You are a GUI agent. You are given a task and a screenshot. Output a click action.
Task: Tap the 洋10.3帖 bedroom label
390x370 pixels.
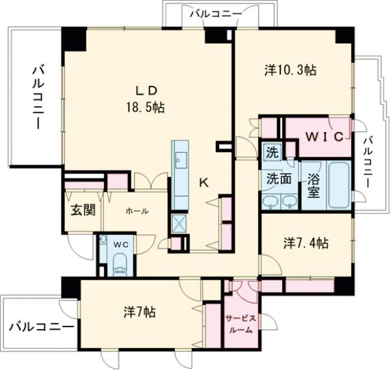coord(290,70)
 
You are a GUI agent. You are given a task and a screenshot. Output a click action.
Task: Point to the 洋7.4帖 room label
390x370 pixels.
coord(305,243)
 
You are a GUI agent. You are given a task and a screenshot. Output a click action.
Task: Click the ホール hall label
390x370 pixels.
coord(137,211)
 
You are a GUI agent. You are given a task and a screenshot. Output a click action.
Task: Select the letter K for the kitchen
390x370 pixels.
coord(203,183)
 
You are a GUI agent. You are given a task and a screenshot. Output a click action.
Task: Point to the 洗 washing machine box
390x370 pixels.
coord(271,153)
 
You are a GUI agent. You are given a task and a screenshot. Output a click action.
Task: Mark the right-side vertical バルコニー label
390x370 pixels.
coord(368,161)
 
